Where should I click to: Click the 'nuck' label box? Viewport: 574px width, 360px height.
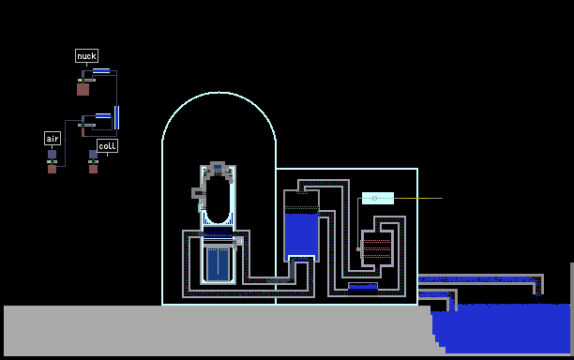[x=87, y=56]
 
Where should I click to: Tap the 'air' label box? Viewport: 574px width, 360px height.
[x=53, y=139]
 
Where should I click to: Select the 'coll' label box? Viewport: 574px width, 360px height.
[x=107, y=145]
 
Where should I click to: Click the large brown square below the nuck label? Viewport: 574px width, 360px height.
[x=83, y=89]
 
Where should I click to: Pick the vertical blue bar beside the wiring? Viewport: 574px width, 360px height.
[x=117, y=117]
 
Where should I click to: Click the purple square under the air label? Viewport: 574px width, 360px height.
[x=52, y=155]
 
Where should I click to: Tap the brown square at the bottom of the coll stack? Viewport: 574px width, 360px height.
[x=94, y=169]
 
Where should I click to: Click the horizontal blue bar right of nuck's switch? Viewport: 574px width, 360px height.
[x=101, y=70]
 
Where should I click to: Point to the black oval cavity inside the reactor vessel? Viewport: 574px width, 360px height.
[x=218, y=200]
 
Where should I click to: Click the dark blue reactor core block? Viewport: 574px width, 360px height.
[x=219, y=264]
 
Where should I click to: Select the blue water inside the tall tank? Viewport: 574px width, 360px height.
[x=302, y=235]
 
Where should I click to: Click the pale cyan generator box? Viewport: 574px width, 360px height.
[x=378, y=199]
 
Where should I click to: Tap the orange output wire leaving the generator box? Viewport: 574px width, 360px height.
[x=415, y=199]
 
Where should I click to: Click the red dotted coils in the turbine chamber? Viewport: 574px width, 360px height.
[x=377, y=249]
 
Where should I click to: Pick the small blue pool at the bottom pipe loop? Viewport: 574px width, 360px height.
[x=363, y=287]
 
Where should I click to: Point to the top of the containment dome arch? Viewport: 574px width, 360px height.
[x=219, y=93]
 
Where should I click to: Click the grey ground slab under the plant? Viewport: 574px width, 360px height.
[x=219, y=330]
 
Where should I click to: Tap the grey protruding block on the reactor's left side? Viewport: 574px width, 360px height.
[x=198, y=192]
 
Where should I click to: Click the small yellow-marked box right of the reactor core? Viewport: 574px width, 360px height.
[x=238, y=242]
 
